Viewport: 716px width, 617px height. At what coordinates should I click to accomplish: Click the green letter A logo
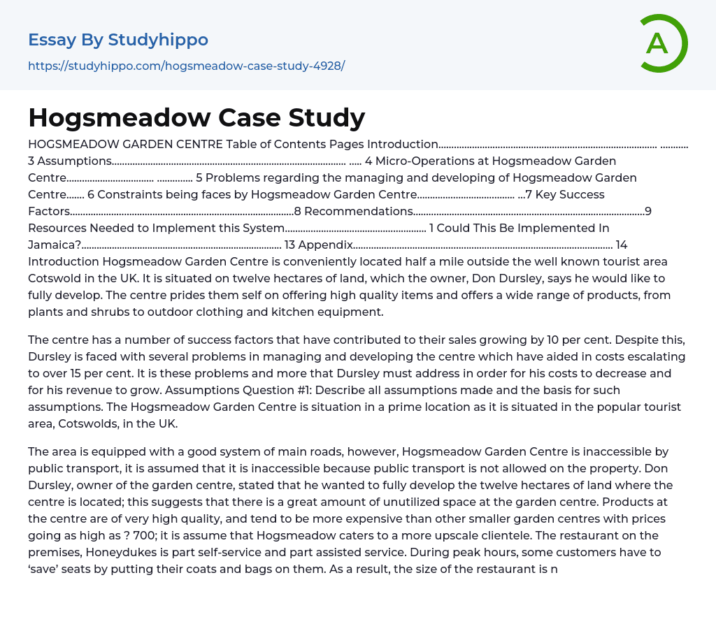pos(663,43)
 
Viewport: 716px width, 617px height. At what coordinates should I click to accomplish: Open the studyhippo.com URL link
pos(186,66)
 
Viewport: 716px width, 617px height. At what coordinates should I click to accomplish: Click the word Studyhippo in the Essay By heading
pos(158,40)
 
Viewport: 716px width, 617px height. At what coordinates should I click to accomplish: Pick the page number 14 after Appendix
pos(622,245)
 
